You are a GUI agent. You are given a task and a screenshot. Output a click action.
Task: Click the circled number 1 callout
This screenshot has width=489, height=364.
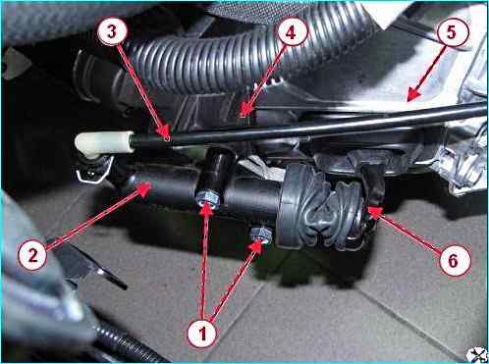202,334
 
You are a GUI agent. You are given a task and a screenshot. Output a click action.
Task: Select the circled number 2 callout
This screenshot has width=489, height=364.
32,254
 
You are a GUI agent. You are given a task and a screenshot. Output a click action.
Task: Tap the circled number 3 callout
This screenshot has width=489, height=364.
112,32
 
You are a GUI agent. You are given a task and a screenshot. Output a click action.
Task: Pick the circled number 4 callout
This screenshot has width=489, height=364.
291,32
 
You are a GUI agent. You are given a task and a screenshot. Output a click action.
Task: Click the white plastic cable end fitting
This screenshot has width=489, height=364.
104,144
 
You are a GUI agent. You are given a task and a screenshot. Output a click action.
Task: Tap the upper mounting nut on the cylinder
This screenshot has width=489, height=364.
208,198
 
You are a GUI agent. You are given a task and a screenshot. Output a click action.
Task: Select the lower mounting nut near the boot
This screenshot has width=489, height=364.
261,234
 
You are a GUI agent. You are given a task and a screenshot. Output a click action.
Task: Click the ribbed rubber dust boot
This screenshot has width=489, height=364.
331,211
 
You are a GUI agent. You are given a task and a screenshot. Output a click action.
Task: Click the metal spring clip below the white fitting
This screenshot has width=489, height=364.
93,170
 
